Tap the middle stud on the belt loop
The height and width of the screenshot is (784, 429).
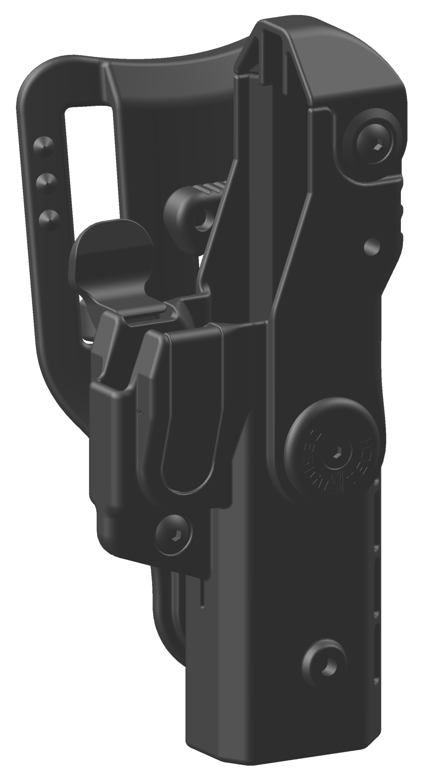click(45, 181)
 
